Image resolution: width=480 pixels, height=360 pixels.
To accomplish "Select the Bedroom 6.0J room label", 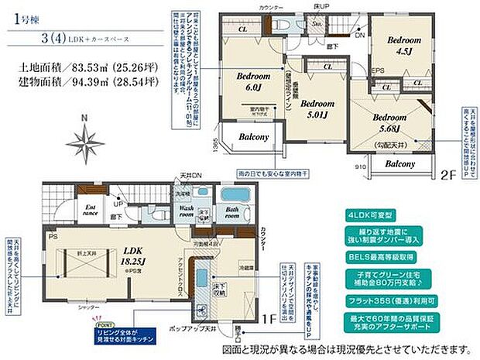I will tap(251, 82).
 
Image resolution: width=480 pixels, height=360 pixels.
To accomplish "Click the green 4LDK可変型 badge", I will tap(382, 214).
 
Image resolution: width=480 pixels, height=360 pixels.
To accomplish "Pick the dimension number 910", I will tap(361, 165).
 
